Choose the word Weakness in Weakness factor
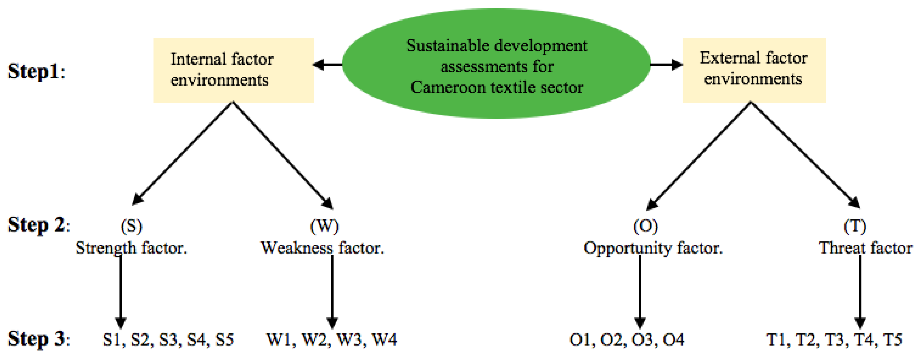297,248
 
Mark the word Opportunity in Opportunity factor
627,248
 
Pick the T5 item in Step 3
892,340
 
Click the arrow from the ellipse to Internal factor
327,65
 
